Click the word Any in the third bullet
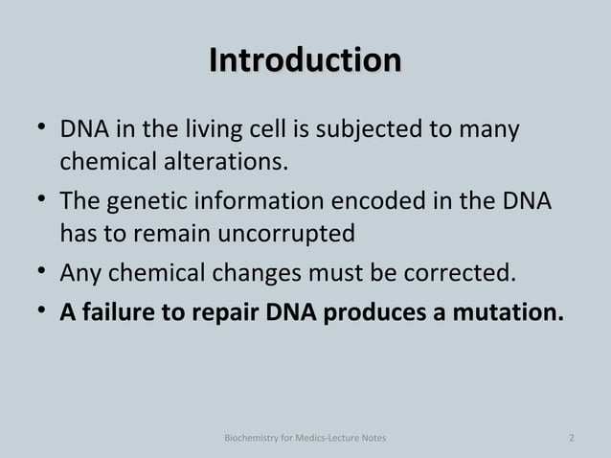(x=79, y=275)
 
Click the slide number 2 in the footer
(x=572, y=439)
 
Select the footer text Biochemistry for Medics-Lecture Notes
(x=305, y=439)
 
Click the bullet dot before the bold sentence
(x=35, y=312)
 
